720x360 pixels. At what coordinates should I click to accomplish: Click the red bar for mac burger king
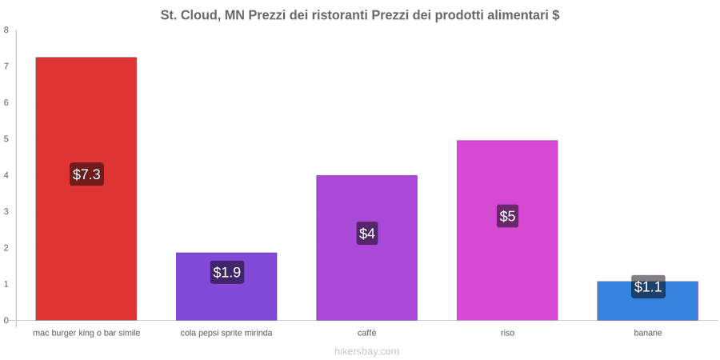[x=86, y=189]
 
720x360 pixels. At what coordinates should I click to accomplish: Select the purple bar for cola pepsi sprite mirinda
[x=226, y=286]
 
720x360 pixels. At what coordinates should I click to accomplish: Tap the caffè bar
[x=367, y=247]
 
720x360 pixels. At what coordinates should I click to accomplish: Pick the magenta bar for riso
[x=507, y=230]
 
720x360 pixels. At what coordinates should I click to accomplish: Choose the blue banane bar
[x=647, y=301]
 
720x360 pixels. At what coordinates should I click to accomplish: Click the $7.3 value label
[x=86, y=174]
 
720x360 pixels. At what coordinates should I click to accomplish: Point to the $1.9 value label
[x=227, y=272]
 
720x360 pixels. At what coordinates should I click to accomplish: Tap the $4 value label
[x=367, y=234]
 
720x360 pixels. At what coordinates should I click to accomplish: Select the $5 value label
[x=507, y=216]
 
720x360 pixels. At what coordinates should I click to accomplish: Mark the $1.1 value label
[x=648, y=286]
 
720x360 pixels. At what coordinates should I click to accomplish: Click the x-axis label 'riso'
[x=507, y=334]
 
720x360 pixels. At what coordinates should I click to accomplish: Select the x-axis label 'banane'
[x=648, y=334]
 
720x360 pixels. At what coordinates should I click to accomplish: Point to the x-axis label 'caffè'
[x=367, y=334]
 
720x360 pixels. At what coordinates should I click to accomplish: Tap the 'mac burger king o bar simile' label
[x=86, y=334]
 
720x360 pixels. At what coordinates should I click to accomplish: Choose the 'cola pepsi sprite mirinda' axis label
[x=226, y=334]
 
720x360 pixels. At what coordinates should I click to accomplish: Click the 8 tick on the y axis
[x=6, y=30]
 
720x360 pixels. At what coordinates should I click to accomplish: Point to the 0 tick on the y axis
[x=6, y=321]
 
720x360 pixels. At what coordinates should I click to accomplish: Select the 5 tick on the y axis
[x=6, y=139]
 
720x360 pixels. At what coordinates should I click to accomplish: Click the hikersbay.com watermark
[x=367, y=352]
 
